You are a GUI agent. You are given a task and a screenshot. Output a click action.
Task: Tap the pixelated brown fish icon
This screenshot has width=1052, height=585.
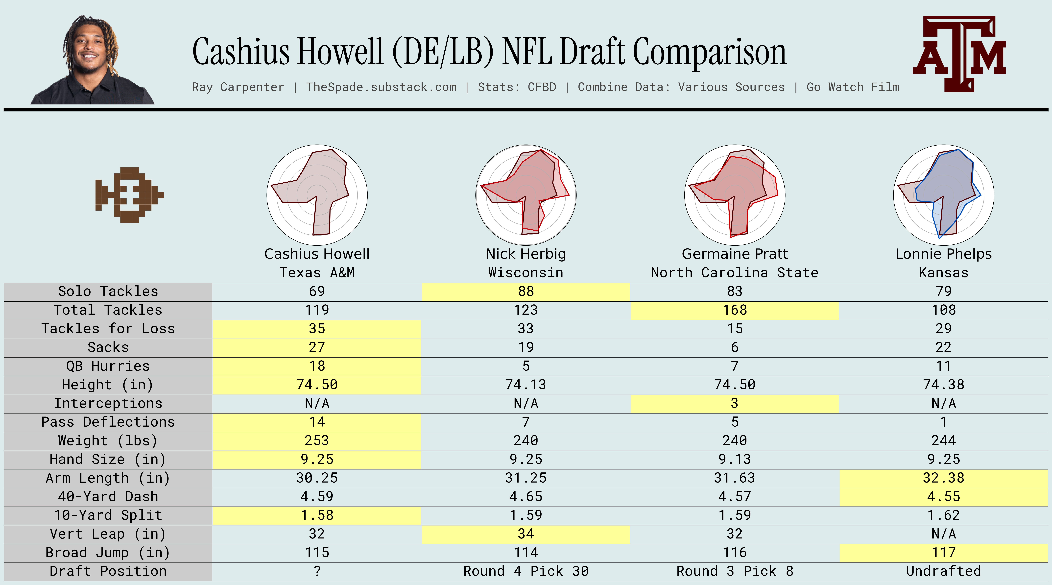tap(129, 195)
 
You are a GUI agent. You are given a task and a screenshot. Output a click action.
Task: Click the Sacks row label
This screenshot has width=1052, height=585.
tap(108, 347)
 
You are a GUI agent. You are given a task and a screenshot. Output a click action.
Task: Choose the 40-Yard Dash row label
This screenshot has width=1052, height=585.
tap(108, 496)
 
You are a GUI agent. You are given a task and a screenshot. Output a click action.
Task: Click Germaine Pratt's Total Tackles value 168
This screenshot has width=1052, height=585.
tap(735, 310)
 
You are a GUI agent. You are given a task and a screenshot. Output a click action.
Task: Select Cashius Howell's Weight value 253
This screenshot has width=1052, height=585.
tap(317, 440)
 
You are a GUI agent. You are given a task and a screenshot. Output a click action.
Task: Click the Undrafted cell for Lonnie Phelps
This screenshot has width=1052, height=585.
tap(943, 571)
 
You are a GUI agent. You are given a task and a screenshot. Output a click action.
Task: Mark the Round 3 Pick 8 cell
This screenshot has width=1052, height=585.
tap(735, 571)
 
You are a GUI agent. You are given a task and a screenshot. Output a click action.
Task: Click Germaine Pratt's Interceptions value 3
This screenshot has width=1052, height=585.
tap(735, 403)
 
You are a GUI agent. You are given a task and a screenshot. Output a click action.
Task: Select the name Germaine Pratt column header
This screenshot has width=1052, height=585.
tap(735, 254)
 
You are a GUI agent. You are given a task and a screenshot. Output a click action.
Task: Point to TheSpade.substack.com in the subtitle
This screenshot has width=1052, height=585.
tap(381, 87)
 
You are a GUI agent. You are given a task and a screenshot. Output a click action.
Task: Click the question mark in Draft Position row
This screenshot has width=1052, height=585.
tap(317, 571)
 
